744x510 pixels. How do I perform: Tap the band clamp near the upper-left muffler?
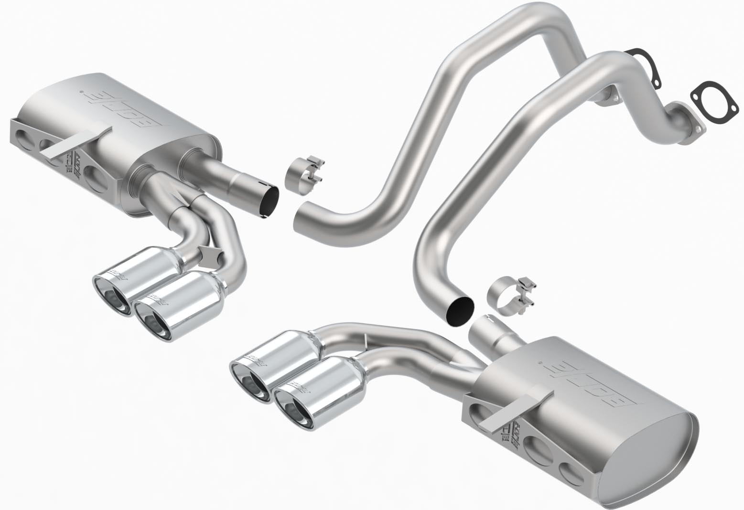(x=303, y=174)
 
